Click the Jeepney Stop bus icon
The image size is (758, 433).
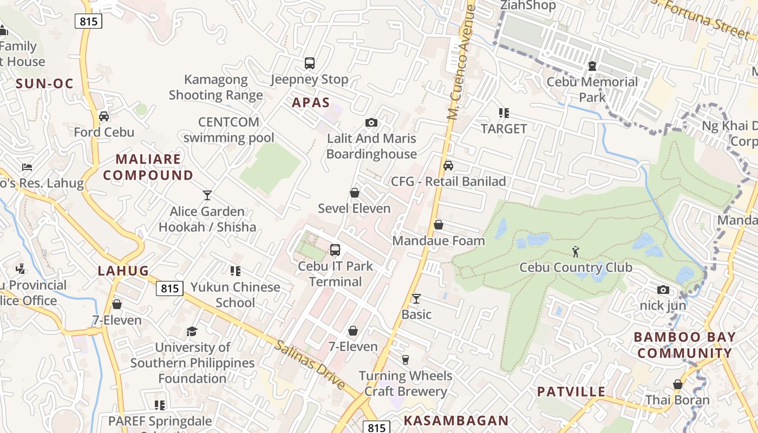tap(309, 63)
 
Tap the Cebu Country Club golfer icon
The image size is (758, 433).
tap(576, 251)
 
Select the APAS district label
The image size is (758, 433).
tap(311, 102)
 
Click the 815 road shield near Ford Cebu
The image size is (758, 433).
tap(88, 22)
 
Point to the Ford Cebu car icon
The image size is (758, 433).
tap(104, 116)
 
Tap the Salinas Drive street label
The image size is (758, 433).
tap(310, 364)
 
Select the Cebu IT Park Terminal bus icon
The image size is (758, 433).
tap(335, 250)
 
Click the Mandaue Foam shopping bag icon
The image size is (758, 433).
tap(439, 225)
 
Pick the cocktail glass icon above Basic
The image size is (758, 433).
tap(416, 298)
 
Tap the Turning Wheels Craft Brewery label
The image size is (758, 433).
tap(406, 383)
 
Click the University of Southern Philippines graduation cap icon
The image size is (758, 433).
tap(192, 331)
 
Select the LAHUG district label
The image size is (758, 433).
tap(123, 271)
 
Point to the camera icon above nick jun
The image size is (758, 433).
tap(663, 290)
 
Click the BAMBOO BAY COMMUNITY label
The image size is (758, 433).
tap(684, 345)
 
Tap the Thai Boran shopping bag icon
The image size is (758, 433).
tap(677, 385)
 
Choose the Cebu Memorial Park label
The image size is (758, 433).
tap(592, 89)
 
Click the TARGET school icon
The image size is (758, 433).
tap(504, 113)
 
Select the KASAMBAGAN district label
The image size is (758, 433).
tap(456, 420)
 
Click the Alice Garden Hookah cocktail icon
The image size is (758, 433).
tap(207, 195)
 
